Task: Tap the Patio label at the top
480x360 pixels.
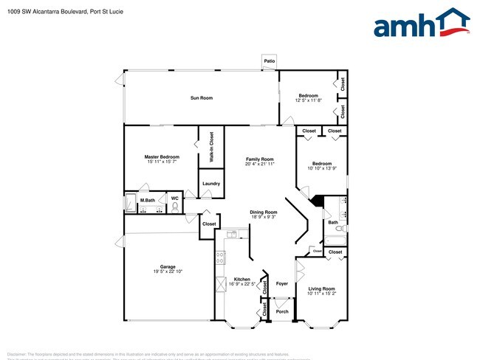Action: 270,61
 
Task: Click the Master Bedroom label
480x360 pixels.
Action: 161,157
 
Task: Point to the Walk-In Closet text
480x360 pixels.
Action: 211,146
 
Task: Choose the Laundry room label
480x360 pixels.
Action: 211,184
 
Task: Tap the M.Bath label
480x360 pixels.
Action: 148,200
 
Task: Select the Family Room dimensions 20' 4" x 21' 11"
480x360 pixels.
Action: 260,164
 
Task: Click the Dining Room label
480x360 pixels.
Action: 262,212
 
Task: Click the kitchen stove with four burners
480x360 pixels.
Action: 220,258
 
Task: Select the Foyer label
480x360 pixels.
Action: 282,283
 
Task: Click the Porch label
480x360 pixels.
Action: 281,311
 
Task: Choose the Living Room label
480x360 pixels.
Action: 321,288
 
